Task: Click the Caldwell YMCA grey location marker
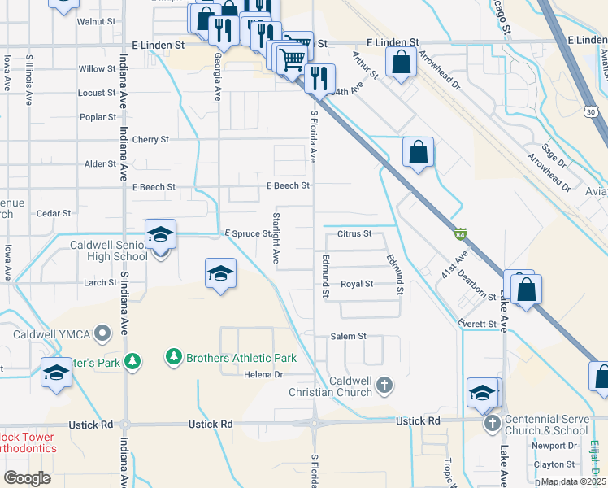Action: click(102, 333)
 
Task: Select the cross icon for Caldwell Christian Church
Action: click(384, 383)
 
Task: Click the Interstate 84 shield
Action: click(460, 233)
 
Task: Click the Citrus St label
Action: click(354, 234)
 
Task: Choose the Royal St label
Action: click(357, 284)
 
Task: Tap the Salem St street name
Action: click(349, 336)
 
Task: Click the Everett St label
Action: click(477, 324)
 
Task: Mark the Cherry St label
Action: click(150, 139)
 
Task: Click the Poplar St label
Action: click(98, 117)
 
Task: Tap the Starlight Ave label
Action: click(276, 237)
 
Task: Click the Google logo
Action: click(27, 478)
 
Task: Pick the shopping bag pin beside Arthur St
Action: click(401, 61)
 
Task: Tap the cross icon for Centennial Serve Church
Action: click(491, 424)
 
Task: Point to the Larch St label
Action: click(100, 283)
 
